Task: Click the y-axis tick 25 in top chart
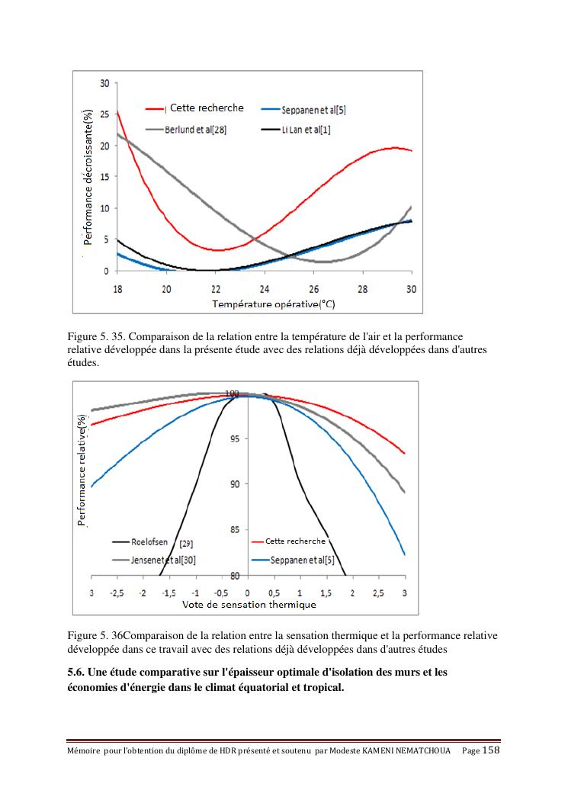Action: click(104, 114)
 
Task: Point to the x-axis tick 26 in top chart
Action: click(314, 289)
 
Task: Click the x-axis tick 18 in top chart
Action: click(117, 289)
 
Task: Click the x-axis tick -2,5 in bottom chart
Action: click(117, 593)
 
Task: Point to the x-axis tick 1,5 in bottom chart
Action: click(326, 593)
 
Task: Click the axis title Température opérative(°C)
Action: click(263, 304)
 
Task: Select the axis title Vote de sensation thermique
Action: click(249, 605)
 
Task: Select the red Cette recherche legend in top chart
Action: click(206, 108)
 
